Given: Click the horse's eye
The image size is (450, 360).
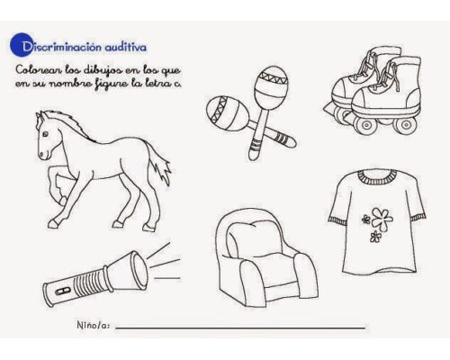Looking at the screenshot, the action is tap(45, 134).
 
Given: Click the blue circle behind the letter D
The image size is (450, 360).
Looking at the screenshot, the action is tap(21, 44).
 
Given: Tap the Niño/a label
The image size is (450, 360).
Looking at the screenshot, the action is tap(94, 325).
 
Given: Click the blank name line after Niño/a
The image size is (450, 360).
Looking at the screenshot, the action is tap(240, 328).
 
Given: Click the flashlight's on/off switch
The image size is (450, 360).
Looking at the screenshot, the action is tap(63, 291).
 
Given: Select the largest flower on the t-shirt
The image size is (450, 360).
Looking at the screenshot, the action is tap(382, 218).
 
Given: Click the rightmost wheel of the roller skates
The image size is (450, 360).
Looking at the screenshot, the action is tap(405, 124).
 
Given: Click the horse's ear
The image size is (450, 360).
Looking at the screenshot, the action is tap(40, 115).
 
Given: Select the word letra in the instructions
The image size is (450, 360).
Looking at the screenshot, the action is tap(150, 83).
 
